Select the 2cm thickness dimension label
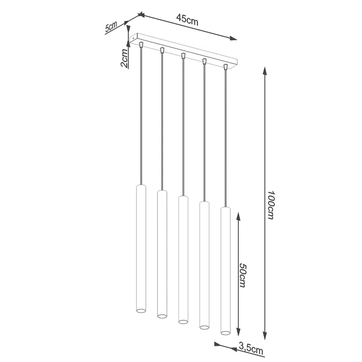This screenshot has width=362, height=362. click(124, 58)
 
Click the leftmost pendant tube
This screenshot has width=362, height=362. click(141, 249)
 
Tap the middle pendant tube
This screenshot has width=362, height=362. click(183, 259)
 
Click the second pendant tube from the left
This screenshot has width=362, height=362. click(162, 253)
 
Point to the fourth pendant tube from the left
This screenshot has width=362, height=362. click(204, 264)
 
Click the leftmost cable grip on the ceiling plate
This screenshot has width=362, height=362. click(141, 45)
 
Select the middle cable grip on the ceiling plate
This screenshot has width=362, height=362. click(183, 56)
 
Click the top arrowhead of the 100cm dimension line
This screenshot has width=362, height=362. click(264, 72)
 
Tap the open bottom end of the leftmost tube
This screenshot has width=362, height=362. click(141, 311)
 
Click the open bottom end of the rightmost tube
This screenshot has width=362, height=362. click(225, 330)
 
